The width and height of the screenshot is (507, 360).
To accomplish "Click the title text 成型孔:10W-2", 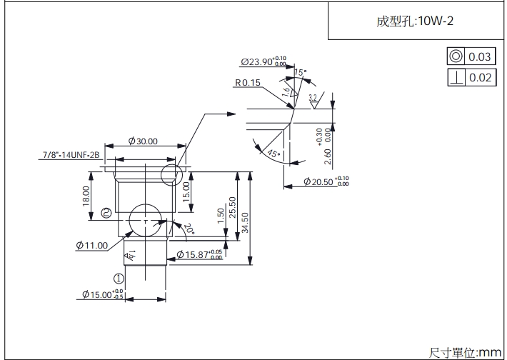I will (415, 21).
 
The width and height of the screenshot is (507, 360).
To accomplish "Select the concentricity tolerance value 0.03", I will (480, 56).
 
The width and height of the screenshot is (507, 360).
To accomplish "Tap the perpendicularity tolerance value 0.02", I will (480, 77).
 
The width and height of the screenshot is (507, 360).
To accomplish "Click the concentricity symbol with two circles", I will (455, 56).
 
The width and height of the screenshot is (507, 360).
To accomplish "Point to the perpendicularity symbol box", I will (455, 77).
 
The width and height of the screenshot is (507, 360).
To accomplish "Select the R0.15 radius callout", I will (247, 83).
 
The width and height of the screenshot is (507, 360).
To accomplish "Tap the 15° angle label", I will (300, 73).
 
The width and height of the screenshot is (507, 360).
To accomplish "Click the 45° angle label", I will (271, 153).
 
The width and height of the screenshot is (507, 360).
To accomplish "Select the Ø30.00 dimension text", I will (143, 141).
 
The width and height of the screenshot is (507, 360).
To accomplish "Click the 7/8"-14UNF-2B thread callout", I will (71, 154).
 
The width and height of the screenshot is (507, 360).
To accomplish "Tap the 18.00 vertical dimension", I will (86, 195).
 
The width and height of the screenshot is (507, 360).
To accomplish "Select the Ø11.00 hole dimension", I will (91, 245).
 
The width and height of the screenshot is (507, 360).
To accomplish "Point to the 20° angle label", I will (189, 229).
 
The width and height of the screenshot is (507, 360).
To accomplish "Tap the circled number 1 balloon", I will (119, 279).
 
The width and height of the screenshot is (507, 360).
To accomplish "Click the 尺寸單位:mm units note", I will (465, 351).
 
